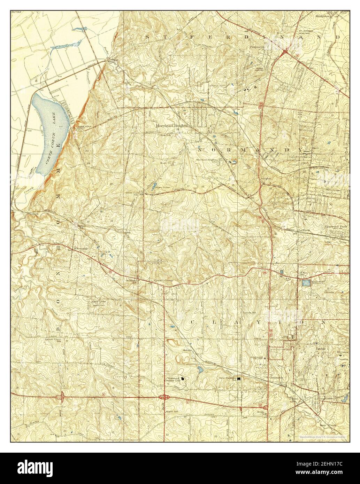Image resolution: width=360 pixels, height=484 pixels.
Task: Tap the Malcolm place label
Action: tap(188, 351)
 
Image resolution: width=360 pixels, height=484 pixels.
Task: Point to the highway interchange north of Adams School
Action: tap(163, 397)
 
